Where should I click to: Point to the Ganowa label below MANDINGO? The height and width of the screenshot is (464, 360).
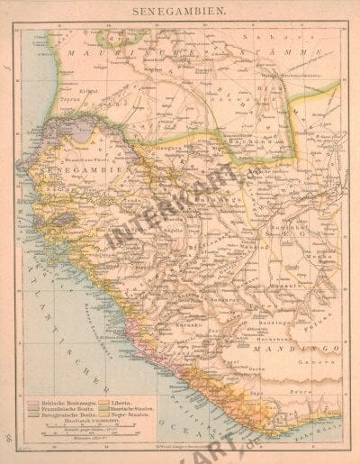coord(310,356)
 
